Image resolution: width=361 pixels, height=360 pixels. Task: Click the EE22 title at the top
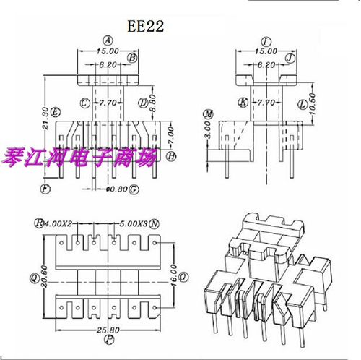click(x=147, y=27)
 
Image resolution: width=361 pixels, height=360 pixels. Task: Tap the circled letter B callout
click(x=132, y=57)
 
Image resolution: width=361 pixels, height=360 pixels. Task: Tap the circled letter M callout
click(x=209, y=114)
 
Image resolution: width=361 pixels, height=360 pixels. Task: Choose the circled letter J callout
click(x=289, y=57)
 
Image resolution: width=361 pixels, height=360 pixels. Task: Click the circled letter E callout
click(x=56, y=110)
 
